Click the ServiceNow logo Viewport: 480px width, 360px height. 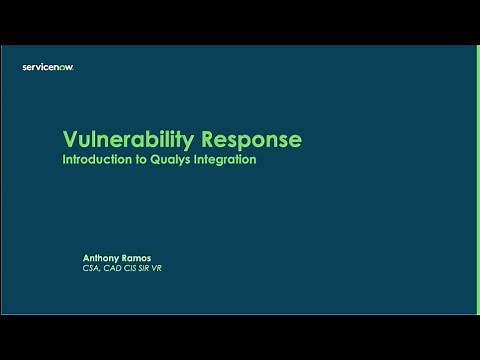48,67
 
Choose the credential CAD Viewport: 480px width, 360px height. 114,269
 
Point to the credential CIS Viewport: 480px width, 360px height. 133,269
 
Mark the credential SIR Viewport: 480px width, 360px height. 148,269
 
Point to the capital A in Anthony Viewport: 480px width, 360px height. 87,258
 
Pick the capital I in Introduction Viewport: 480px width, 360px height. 65,159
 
